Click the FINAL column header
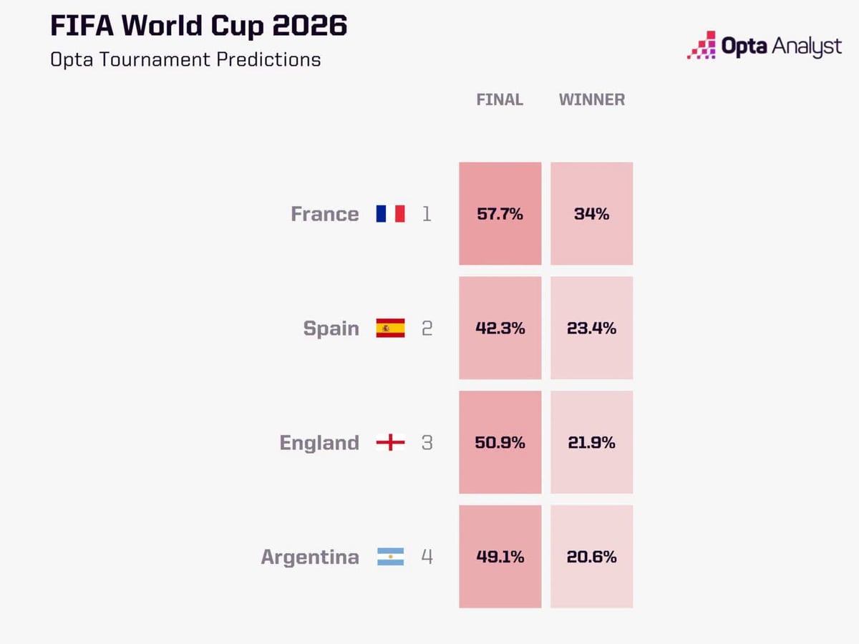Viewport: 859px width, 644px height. click(500, 99)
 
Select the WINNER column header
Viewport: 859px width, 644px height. click(592, 99)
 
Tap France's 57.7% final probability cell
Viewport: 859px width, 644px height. click(500, 213)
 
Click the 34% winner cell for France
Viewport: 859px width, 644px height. click(592, 213)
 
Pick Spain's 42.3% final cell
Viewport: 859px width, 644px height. click(500, 328)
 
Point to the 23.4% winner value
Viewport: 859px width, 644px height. click(592, 328)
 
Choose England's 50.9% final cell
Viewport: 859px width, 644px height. click(500, 442)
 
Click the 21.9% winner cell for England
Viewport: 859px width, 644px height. click(592, 442)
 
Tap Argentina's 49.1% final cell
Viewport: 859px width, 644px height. click(500, 557)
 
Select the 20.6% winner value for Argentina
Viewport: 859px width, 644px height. click(592, 557)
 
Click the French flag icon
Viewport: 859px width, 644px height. click(391, 213)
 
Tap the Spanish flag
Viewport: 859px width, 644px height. click(391, 328)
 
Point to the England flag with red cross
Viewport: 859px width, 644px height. click(391, 442)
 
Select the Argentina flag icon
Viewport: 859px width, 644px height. click(391, 557)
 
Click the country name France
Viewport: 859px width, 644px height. click(325, 214)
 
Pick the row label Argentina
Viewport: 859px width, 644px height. click(310, 557)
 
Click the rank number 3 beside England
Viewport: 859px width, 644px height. click(427, 443)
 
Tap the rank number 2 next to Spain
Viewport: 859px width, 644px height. click(427, 328)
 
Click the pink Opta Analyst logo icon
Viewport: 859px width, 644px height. click(702, 45)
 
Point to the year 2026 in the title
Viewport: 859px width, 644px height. click(309, 26)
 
